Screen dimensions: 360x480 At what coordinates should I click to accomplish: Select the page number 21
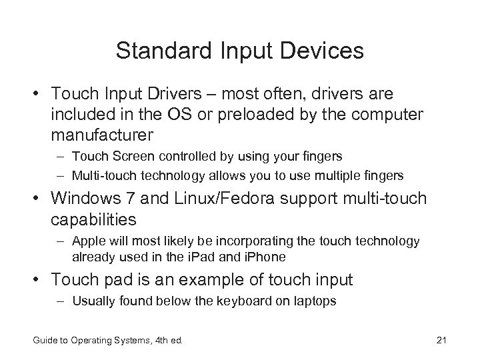(x=440, y=341)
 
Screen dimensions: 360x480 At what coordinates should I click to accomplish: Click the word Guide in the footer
(x=45, y=341)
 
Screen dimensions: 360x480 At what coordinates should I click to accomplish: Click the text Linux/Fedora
(x=245, y=199)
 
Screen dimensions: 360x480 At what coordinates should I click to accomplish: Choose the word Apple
(x=88, y=240)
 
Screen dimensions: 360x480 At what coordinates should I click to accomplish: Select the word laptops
(x=316, y=301)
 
